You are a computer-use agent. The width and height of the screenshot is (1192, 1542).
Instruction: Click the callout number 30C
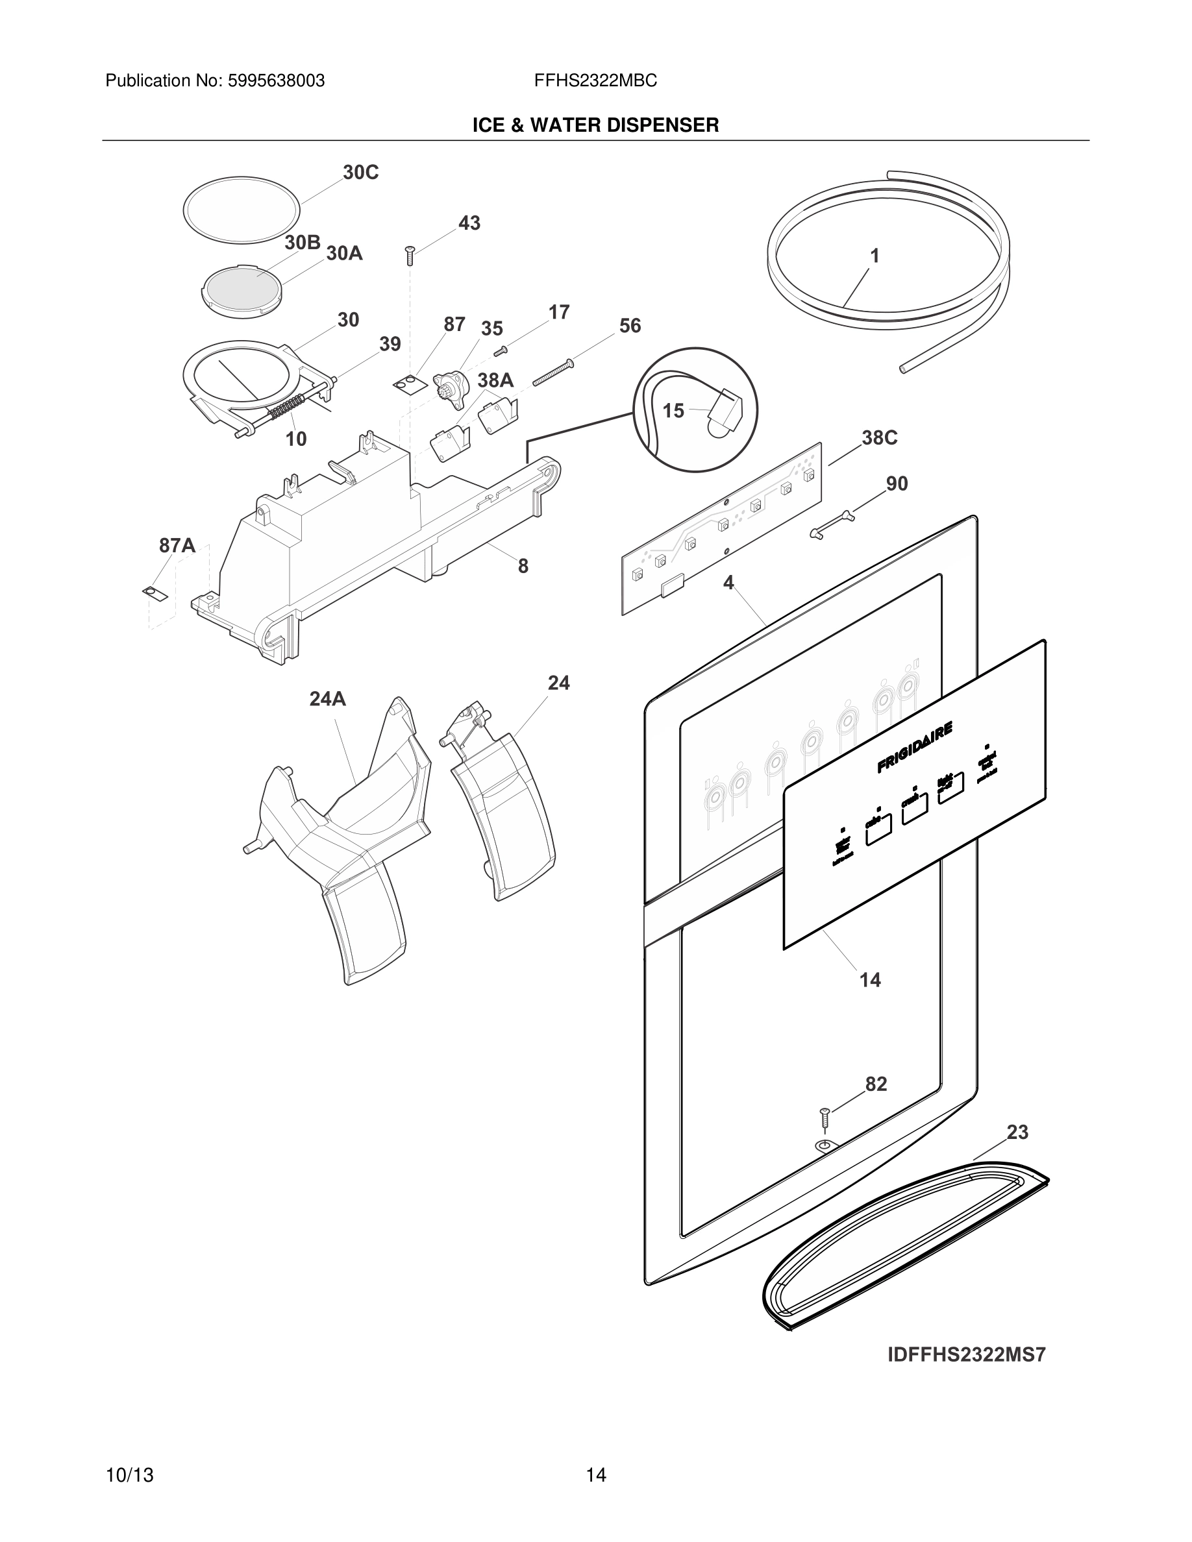point(360,172)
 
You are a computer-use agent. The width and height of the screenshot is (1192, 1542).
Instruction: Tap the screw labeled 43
point(409,255)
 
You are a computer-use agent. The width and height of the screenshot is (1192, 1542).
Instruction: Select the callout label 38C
point(879,438)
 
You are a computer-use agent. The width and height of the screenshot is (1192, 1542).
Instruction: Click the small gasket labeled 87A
point(155,593)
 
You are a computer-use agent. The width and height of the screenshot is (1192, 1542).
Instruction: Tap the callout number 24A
point(328,699)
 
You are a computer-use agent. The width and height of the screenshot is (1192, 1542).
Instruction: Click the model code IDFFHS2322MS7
point(966,1355)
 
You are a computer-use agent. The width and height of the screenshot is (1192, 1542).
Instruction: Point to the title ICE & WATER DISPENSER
point(595,125)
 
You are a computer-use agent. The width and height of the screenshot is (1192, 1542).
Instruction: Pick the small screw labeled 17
point(501,350)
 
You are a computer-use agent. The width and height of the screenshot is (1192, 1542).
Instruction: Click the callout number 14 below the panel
point(870,980)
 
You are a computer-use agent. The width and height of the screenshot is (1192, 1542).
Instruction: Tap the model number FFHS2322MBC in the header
point(595,81)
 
